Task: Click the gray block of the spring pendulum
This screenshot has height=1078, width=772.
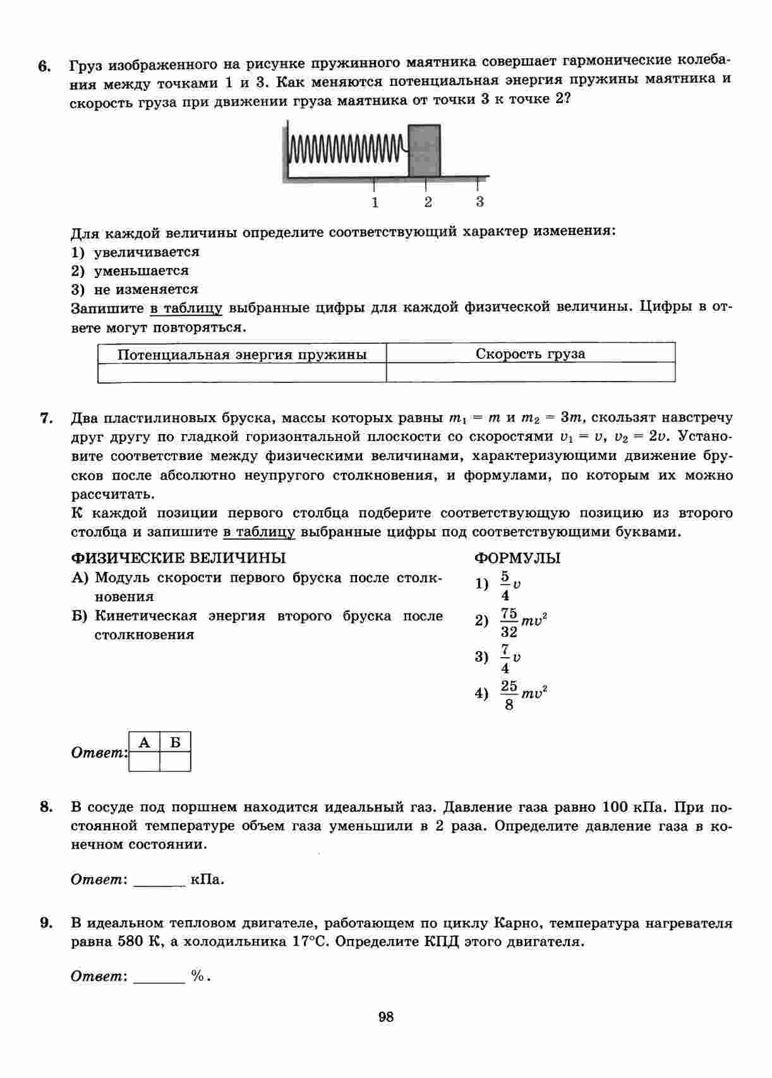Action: pyautogui.click(x=424, y=150)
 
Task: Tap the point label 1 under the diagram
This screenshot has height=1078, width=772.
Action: pyautogui.click(x=375, y=203)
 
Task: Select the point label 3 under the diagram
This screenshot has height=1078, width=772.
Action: pyautogui.click(x=479, y=202)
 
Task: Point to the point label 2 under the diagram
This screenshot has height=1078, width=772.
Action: pyautogui.click(x=428, y=203)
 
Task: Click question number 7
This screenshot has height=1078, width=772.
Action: pyautogui.click(x=45, y=418)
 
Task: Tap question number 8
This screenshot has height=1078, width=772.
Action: pyautogui.click(x=45, y=807)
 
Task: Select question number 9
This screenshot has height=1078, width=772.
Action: pyautogui.click(x=45, y=923)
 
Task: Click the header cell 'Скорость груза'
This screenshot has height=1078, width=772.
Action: pyautogui.click(x=530, y=354)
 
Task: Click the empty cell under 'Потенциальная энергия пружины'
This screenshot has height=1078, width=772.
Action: pyautogui.click(x=242, y=373)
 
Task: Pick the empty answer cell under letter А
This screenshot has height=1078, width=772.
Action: pyautogui.click(x=144, y=761)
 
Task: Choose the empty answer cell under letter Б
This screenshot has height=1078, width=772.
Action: pyautogui.click(x=175, y=761)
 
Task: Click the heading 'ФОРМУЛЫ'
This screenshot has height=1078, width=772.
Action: pyautogui.click(x=517, y=558)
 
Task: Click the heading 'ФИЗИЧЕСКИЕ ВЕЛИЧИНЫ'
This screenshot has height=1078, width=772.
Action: pyautogui.click(x=178, y=558)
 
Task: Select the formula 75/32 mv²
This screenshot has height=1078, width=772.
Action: pyautogui.click(x=523, y=622)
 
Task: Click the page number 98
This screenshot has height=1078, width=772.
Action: pyautogui.click(x=386, y=1017)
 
